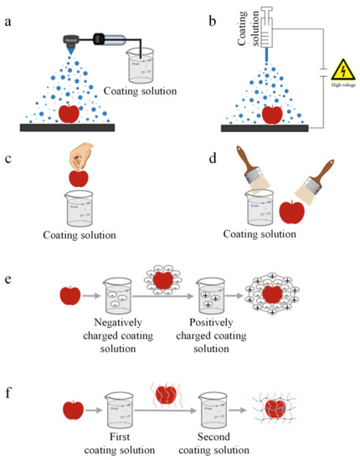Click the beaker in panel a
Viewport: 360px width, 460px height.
pos(143,64)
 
